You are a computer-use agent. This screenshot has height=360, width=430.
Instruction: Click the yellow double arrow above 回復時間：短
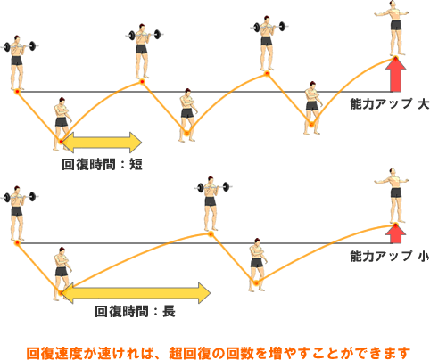coord(102,143)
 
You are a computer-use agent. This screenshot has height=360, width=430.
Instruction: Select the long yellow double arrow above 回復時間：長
coord(136,293)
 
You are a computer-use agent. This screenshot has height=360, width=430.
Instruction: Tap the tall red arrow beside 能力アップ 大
coord(395,74)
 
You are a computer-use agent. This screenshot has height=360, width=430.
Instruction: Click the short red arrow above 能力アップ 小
coord(395,234)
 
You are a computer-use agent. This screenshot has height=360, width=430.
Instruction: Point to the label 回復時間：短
coord(102,164)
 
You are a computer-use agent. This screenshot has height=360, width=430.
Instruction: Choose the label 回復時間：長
coord(135,311)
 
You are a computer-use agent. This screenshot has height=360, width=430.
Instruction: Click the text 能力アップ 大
coord(389,103)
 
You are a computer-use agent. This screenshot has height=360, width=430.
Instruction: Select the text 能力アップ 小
coord(389,256)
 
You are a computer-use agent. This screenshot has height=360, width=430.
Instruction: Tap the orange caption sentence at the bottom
coord(219,353)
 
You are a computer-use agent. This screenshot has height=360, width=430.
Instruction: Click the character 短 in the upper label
coord(136,164)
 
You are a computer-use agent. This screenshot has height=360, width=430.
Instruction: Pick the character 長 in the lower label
coord(169,311)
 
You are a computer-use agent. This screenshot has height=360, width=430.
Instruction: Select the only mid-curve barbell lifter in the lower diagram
coord(213,203)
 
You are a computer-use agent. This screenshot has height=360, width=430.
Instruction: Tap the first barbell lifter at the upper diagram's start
coord(20,62)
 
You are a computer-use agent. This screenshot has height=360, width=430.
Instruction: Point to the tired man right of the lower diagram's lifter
coord(258,265)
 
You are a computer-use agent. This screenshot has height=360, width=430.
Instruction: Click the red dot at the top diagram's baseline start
coord(17,92)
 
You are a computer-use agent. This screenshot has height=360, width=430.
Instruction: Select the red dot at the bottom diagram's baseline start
coord(17,243)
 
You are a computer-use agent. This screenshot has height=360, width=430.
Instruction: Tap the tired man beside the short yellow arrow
coord(62,124)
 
